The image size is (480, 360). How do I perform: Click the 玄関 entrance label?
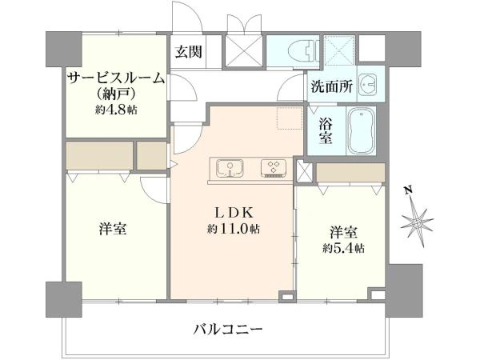188,51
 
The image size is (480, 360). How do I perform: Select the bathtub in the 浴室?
362,131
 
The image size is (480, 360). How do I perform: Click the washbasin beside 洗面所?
368,85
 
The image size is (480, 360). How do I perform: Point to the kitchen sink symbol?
230,168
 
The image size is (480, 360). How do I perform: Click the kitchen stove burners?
273,168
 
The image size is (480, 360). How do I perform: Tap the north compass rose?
417,222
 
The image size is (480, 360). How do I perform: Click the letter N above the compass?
407,190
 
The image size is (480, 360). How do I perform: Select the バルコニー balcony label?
228,330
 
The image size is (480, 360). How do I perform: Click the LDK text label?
234,213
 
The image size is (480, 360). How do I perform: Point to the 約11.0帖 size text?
234,228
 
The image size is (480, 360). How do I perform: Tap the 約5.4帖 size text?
343,248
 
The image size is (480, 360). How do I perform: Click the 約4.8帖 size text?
116,110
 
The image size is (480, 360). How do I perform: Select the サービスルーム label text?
116,79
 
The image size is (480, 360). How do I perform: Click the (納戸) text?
116,94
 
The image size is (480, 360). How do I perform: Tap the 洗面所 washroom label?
331,86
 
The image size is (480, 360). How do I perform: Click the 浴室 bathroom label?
325,130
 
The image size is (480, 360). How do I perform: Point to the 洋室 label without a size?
113,229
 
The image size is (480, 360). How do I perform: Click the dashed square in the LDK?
289,118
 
